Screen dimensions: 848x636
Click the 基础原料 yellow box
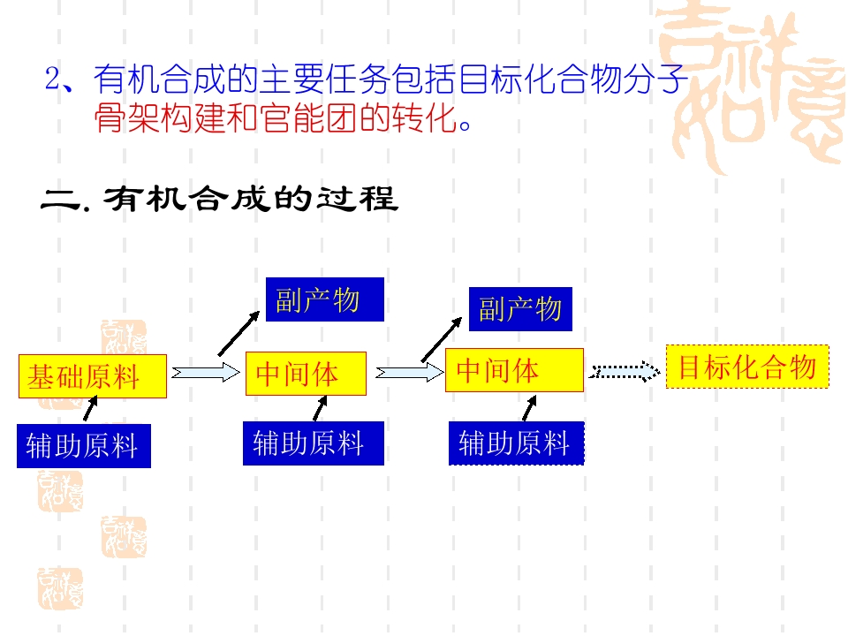pos(93,376)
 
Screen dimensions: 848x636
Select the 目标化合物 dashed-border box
pos(747,367)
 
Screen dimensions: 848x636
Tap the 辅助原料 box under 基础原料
pos(84,445)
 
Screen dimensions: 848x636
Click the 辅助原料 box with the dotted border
pos(517,443)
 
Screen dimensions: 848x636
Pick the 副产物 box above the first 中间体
pos(325,299)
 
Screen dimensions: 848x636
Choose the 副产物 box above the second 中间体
pos(520,309)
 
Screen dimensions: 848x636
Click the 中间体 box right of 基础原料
pos(307,373)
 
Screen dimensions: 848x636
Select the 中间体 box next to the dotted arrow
pos(514,370)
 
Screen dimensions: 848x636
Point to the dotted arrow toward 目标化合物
pos(625,372)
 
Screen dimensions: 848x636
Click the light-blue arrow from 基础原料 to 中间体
pos(206,373)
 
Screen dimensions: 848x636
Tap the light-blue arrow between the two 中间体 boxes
pos(409,372)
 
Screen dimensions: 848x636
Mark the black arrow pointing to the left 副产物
pos(238,334)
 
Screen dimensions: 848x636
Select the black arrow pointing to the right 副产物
pos(442,339)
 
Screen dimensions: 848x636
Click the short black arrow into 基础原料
pos(90,408)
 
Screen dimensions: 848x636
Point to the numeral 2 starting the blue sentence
pos(53,79)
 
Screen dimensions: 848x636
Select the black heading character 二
pos(61,200)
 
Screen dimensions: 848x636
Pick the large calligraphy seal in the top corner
pos(752,87)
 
